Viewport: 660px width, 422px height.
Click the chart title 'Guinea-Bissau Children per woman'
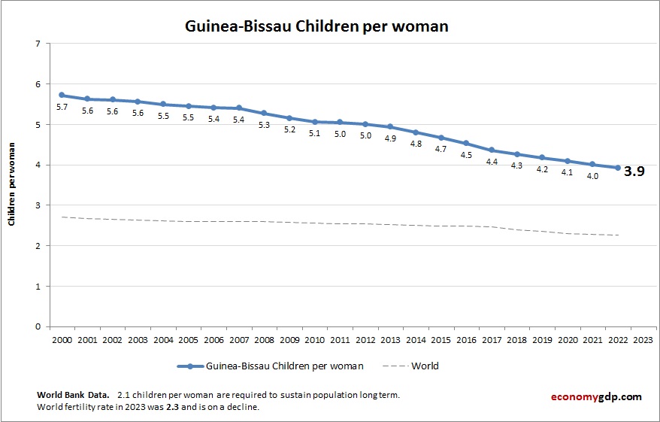pyautogui.click(x=316, y=26)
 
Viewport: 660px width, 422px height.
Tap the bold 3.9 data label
pyautogui.click(x=634, y=171)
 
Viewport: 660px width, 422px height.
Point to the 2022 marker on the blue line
pyautogui.click(x=618, y=168)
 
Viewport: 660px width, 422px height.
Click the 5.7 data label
pyautogui.click(x=62, y=108)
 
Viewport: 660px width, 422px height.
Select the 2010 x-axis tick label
pyautogui.click(x=315, y=339)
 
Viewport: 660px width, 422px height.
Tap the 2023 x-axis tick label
pyautogui.click(x=643, y=339)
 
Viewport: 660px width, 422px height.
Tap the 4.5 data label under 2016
pyautogui.click(x=466, y=155)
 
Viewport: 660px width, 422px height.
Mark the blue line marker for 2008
pyautogui.click(x=264, y=114)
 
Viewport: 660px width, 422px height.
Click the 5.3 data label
pyautogui.click(x=264, y=126)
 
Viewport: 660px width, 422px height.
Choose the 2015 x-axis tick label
pyautogui.click(x=441, y=339)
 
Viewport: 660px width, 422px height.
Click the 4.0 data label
pyautogui.click(x=592, y=176)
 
